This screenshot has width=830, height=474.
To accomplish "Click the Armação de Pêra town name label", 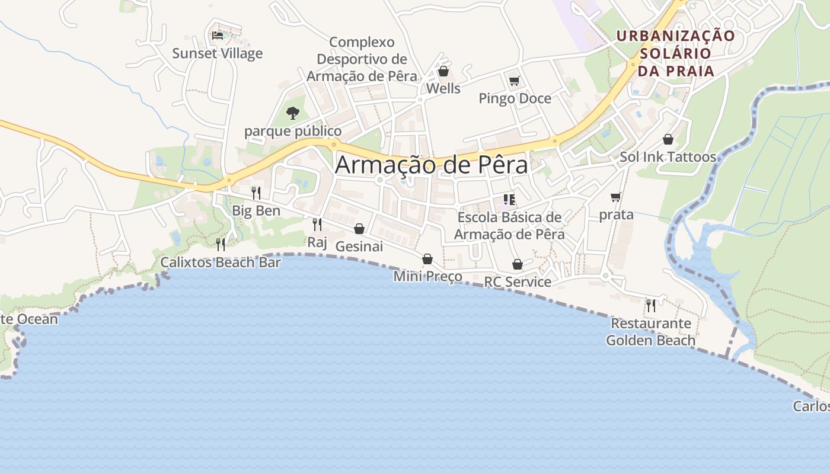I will coord(431,165).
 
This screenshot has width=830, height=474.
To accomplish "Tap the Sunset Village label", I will coord(217,53).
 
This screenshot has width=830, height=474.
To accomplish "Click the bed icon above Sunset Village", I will coord(218,36).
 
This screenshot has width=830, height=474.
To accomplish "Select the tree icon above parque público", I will coord(292,113).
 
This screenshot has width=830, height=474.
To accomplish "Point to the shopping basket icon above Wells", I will coord(443,72).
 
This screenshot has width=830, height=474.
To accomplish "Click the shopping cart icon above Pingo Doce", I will coord(514,81).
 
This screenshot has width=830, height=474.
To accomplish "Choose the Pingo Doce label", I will coord(515,98).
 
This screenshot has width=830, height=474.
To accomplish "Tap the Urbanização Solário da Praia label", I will coord(675,53).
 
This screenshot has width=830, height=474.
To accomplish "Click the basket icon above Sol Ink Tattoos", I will coord(668,139).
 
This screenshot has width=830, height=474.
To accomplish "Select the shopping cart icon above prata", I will coord(616,197).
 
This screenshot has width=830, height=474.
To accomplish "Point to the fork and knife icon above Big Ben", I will coord(256,193).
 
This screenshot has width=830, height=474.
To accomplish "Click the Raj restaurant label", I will coord(317,242).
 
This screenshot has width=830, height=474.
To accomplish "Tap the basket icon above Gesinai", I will coord(359,229).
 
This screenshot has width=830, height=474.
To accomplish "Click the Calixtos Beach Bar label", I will coord(221,262).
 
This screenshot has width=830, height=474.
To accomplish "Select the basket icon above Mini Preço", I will coord(427,259).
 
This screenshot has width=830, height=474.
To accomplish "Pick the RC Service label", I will coord(518,282).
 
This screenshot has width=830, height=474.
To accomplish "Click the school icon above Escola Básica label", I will coord(509,200).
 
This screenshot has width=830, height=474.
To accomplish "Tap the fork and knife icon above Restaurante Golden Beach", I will coord(651,306).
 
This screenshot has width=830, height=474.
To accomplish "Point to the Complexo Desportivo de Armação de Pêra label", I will coord(362,59).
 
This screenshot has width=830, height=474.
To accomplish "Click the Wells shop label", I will coord(443,88).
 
